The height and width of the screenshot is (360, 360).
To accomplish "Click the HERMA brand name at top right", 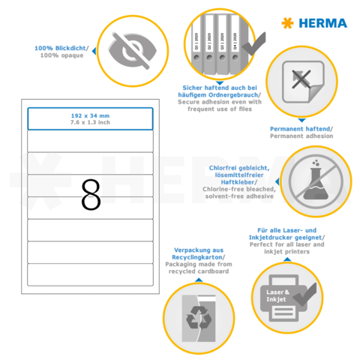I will (324, 23).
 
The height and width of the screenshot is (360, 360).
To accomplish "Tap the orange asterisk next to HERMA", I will (286, 23).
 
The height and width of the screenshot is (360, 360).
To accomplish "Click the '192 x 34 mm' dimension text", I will (90, 115).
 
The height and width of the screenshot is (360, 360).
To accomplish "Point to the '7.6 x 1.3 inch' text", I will (90, 123).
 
